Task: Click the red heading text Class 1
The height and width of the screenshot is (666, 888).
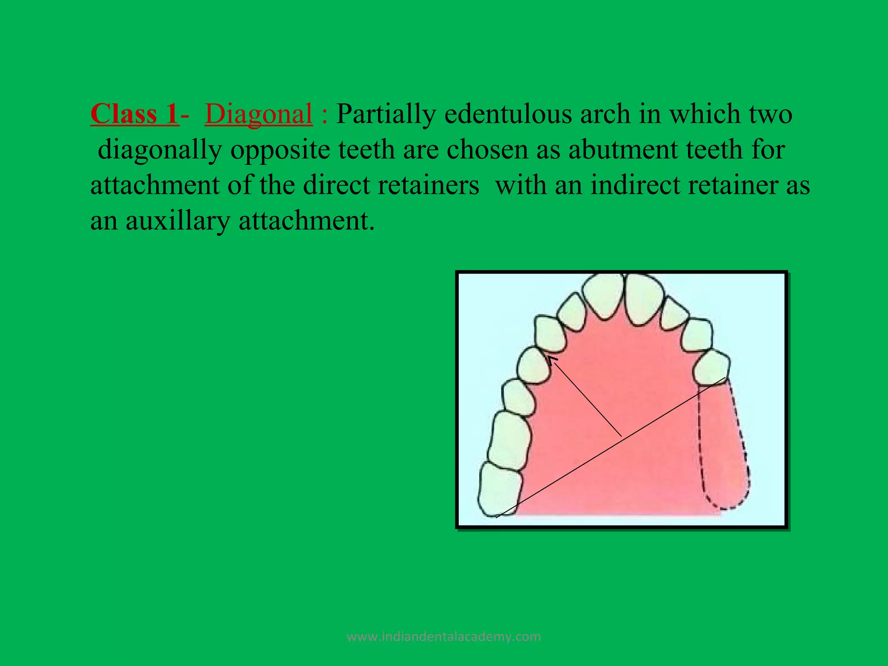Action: (134, 114)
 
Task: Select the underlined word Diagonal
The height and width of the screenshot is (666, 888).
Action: (258, 114)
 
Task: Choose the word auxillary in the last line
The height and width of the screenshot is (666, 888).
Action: (178, 221)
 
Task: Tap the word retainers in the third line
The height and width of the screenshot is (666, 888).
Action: (428, 185)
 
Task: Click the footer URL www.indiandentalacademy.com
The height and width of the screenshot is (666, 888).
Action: (444, 637)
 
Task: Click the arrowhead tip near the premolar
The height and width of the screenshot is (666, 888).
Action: (548, 357)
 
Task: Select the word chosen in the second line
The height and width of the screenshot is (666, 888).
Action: (488, 150)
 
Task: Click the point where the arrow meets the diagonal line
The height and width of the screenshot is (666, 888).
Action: (621, 436)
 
